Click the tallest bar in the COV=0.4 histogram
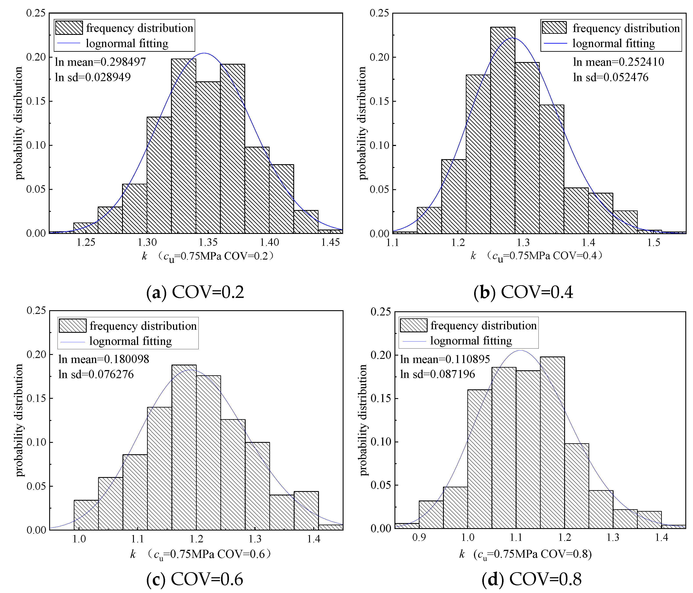tap(503, 130)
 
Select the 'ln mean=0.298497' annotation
tap(100, 62)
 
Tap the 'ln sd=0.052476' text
tap(611, 77)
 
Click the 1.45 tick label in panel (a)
tap(330, 242)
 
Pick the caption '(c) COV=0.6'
tap(195, 579)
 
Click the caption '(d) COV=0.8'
tap(531, 579)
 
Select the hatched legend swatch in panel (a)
tap(69, 28)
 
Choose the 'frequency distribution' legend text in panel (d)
tap(484, 325)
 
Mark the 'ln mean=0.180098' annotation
tap(104, 359)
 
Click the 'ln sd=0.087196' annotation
tap(437, 374)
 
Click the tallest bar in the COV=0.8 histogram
tap(553, 443)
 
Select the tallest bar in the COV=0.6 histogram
tap(184, 447)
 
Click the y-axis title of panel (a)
tap(19, 123)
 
